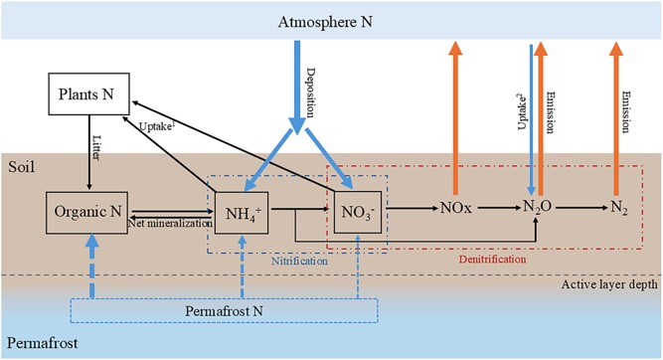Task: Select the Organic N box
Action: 89,210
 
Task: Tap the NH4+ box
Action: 243,210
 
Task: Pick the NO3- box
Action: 355,210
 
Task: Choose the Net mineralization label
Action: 170,224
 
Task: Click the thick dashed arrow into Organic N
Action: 90,267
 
